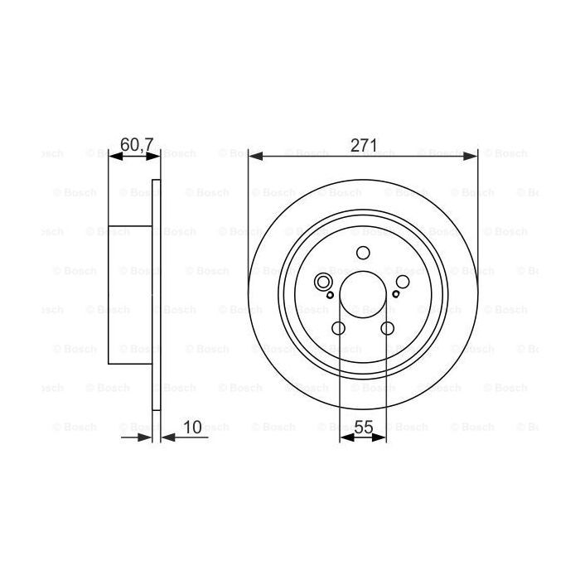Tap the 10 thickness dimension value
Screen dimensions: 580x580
(x=193, y=427)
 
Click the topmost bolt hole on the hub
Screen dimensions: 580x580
(x=363, y=254)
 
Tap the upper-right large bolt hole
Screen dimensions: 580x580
(x=402, y=283)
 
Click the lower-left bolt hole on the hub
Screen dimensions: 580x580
(x=339, y=329)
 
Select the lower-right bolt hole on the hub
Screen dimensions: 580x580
(x=387, y=329)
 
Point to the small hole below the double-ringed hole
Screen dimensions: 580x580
(x=330, y=295)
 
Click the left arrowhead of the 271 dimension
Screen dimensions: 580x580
(x=253, y=155)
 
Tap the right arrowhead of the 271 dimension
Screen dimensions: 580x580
(x=473, y=155)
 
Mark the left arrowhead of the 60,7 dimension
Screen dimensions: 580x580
(x=114, y=155)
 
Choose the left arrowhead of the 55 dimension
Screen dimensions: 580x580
(x=344, y=437)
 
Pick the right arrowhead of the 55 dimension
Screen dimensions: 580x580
(x=382, y=437)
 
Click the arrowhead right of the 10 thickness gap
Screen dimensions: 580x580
(x=164, y=437)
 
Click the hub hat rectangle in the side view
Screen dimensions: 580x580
(x=131, y=294)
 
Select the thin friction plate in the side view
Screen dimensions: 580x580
(x=156, y=294)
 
